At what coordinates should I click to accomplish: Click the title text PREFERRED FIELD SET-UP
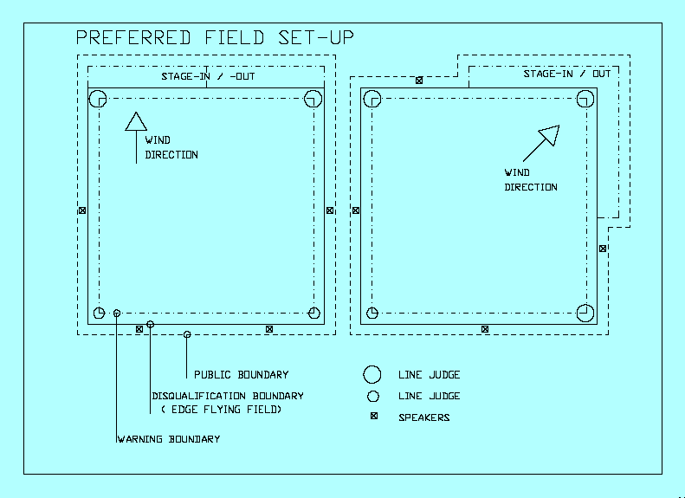click(215, 37)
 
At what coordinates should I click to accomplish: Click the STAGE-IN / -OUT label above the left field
click(208, 77)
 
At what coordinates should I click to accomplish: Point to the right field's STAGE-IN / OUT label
click(567, 74)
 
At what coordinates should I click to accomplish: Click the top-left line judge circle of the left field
click(97, 98)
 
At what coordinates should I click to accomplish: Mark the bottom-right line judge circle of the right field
click(586, 312)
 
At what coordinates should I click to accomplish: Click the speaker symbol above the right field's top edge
click(419, 81)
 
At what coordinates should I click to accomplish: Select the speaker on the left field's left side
click(82, 210)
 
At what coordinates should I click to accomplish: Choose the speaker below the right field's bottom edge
click(485, 329)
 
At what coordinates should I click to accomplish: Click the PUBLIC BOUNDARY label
click(241, 375)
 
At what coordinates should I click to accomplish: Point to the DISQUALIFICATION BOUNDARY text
click(228, 397)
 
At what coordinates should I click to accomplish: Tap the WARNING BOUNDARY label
click(168, 439)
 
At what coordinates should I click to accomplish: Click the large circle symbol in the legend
click(372, 374)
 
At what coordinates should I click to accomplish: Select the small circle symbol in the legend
click(372, 396)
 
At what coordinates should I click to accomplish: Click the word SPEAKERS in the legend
click(423, 417)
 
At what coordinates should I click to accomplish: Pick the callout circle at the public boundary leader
click(187, 334)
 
